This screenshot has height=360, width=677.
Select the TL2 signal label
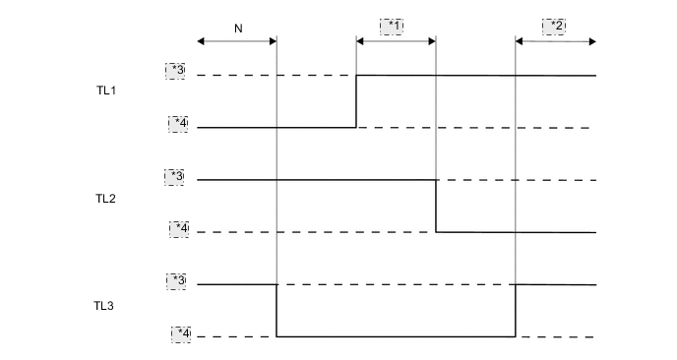click(105, 199)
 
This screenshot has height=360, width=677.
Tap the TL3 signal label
click(105, 306)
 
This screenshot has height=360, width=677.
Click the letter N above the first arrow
click(237, 29)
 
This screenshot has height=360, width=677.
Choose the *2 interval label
click(555, 26)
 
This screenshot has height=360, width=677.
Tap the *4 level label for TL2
click(178, 228)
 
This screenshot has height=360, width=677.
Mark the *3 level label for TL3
click(178, 281)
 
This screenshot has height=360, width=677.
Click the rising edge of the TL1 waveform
click(356, 101)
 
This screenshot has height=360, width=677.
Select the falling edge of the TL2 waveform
click(436, 207)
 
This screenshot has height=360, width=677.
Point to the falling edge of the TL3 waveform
click(277, 311)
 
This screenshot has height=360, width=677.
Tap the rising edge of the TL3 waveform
click(516, 311)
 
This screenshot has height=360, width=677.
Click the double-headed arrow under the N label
click(237, 41)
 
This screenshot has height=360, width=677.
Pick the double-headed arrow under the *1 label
click(396, 41)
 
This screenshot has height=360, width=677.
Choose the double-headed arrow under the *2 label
click(555, 41)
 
